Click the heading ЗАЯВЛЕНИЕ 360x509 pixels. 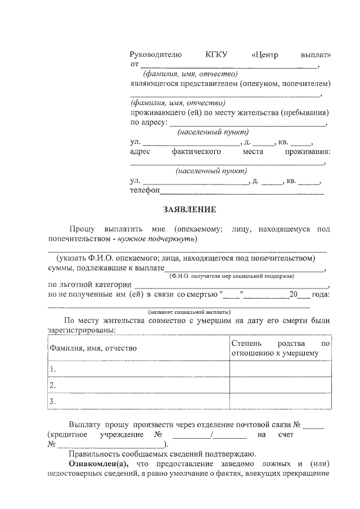click(190, 209)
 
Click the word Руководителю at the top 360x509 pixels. click(156, 55)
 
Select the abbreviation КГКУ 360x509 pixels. click(217, 55)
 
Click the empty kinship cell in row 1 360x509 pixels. click(280, 369)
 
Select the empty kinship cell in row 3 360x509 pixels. click(280, 401)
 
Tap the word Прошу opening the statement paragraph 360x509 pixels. click(83, 229)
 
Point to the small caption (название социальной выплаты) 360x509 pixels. click(189, 312)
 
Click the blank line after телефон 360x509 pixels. click(242, 192)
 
